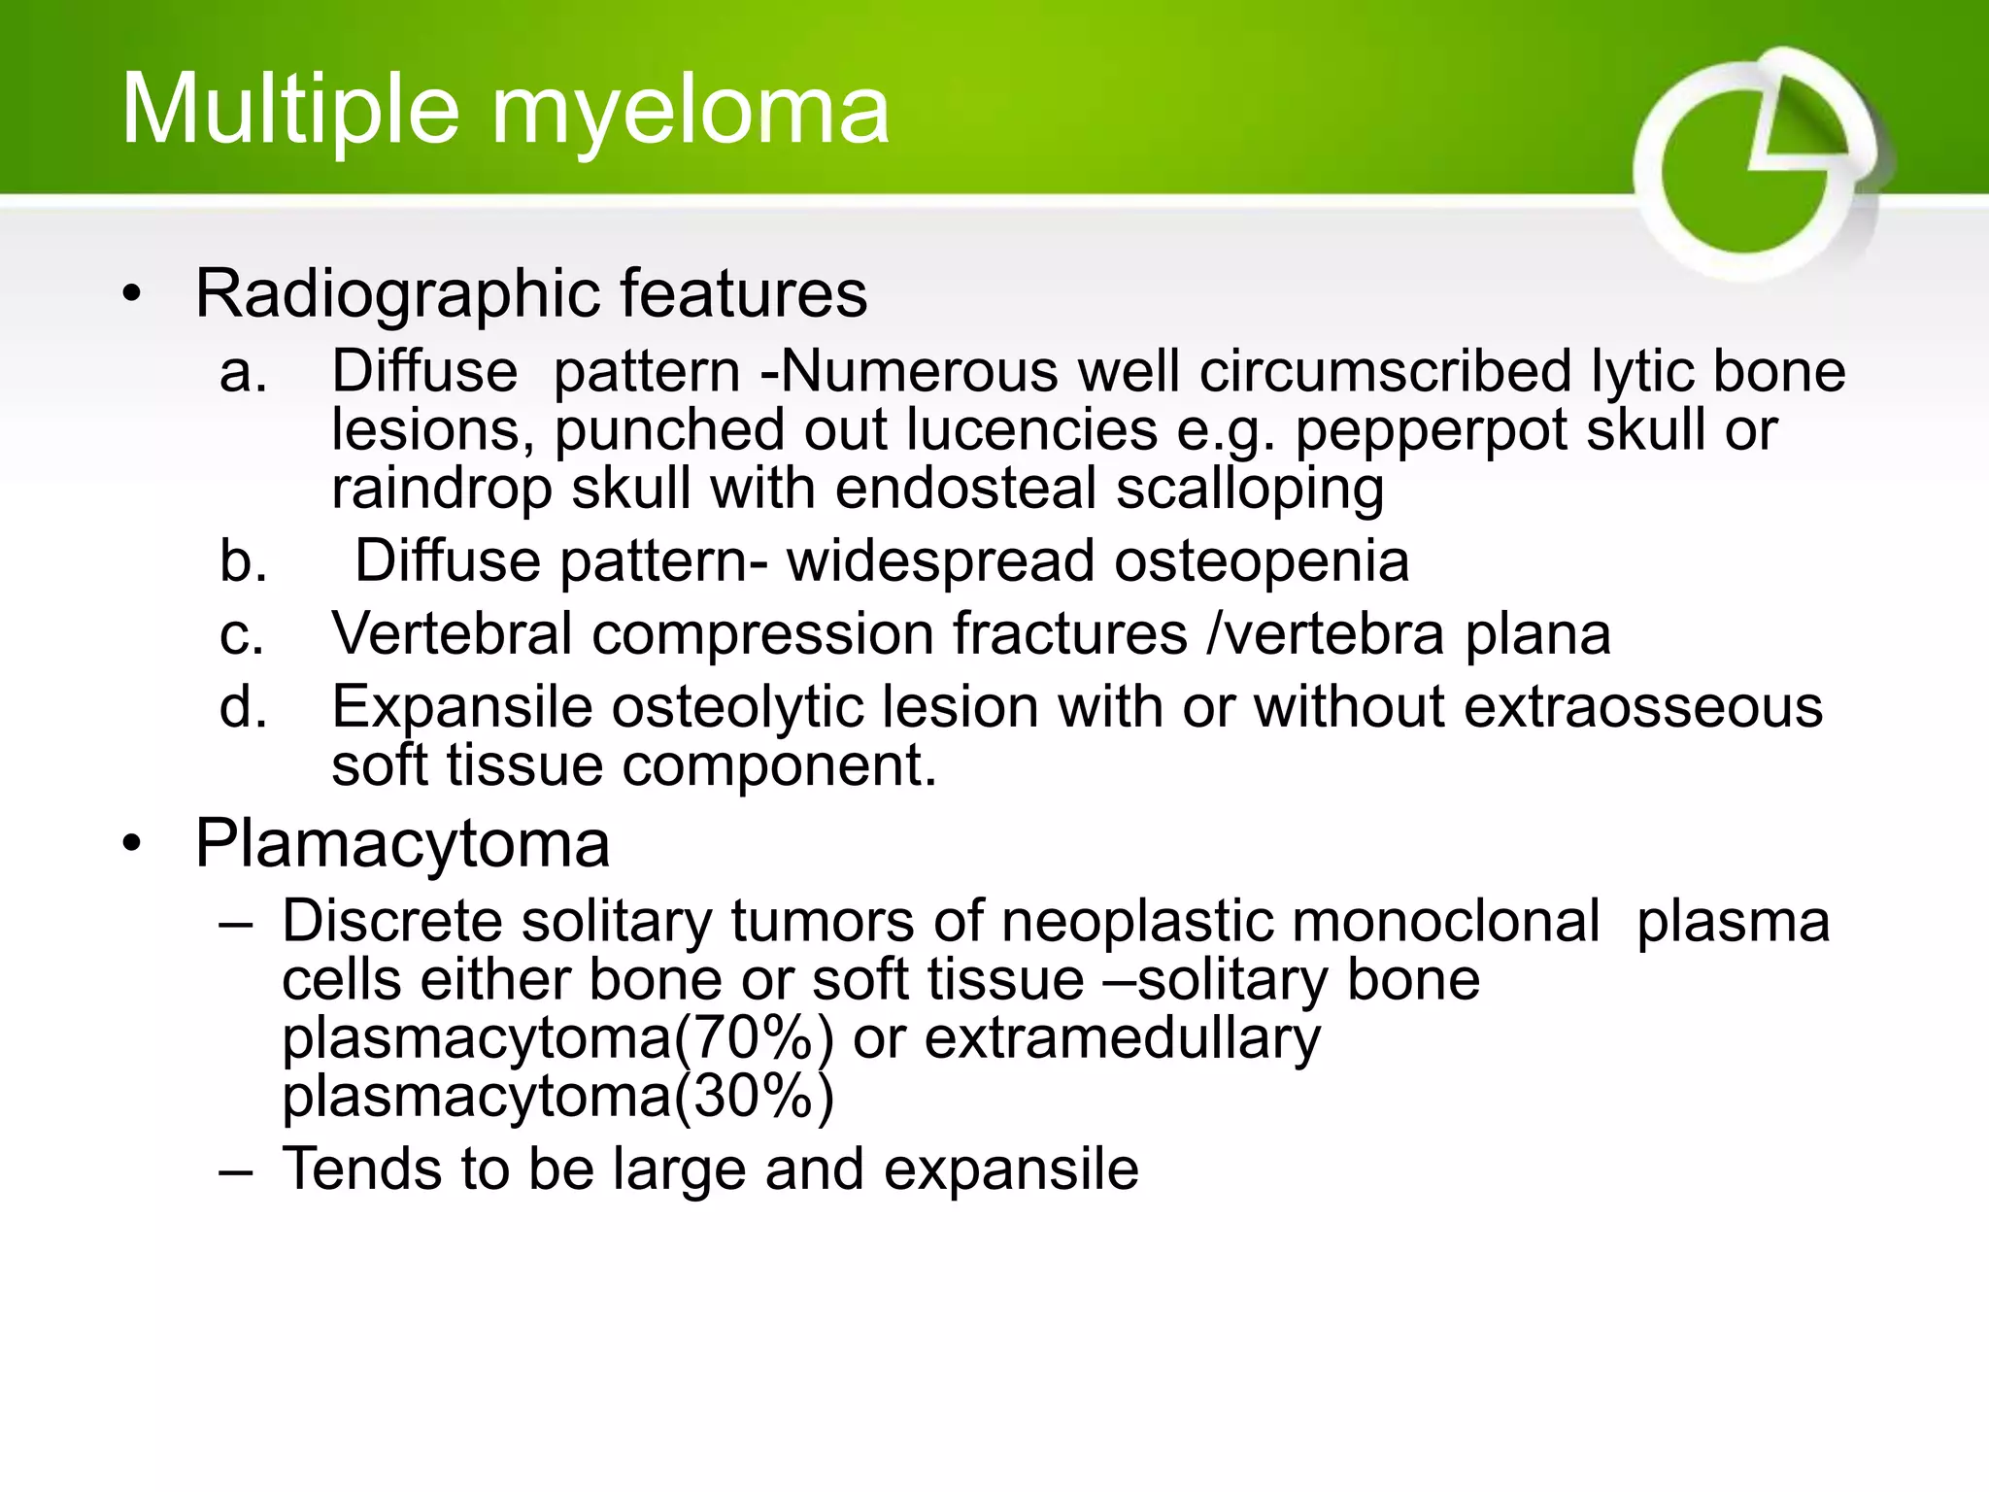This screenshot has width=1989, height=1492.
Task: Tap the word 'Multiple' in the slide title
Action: [289, 112]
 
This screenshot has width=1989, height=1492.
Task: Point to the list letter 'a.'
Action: [242, 373]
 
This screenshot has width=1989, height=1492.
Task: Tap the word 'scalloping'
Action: [1250, 489]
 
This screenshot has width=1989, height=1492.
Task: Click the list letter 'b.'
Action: [242, 561]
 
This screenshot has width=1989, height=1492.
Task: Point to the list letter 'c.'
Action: [242, 634]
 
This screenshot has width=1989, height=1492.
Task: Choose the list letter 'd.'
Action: [242, 707]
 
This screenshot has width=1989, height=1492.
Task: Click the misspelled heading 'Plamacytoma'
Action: [402, 843]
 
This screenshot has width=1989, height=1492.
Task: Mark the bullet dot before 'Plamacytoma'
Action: [132, 843]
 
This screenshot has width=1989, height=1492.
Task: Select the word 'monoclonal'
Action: [1300, 921]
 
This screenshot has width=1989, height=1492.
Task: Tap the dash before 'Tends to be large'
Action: [236, 1170]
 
